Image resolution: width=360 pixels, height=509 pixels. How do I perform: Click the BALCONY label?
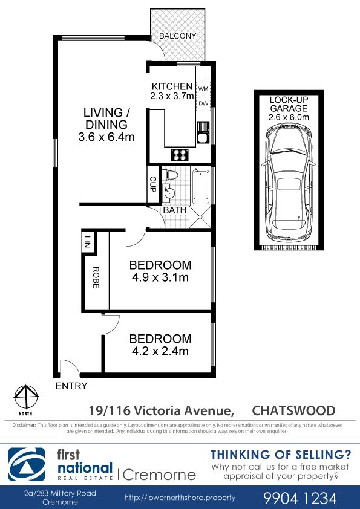point(177,36)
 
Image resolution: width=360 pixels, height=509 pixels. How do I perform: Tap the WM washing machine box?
point(203,89)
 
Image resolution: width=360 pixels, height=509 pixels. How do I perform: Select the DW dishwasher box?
point(203,103)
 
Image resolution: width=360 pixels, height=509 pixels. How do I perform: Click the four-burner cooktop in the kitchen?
point(180,155)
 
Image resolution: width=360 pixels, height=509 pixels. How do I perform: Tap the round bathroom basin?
point(169,193)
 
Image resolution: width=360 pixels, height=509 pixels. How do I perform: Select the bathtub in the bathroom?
point(200,186)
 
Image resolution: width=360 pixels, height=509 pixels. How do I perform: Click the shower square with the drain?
point(200,217)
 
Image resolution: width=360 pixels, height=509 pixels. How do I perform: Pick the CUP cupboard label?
point(152,184)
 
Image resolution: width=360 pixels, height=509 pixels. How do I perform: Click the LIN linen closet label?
point(87,242)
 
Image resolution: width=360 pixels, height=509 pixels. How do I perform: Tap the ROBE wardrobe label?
point(96,277)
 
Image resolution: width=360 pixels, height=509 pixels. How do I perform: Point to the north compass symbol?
point(26,398)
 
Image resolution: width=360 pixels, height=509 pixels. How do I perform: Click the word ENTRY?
point(71,386)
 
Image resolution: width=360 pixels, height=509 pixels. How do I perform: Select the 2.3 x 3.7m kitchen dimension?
point(172,96)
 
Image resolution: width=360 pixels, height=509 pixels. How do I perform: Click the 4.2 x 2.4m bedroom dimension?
point(160,351)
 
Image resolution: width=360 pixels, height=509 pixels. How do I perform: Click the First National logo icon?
point(27,464)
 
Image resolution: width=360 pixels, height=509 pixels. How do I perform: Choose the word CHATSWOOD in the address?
point(293,410)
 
